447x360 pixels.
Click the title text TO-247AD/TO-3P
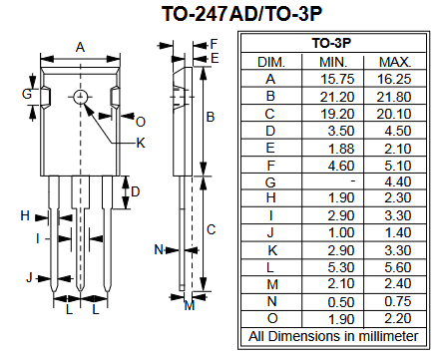241,14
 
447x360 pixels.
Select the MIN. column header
333,62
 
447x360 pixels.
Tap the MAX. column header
395,62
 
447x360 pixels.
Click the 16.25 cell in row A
394,79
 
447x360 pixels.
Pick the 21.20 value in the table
337,97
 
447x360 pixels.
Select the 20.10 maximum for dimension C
394,114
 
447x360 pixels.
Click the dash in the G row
352,180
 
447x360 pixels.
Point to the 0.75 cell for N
398,301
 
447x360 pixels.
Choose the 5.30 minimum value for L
341,267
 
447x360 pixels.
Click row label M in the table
272,284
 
